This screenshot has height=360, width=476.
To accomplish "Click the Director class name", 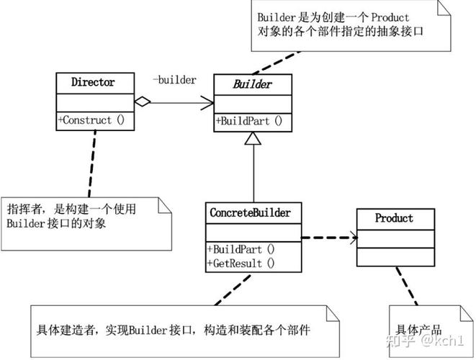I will coord(92,82).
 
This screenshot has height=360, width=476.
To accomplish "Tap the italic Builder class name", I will coord(252,84).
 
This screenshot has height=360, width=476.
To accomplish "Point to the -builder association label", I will coord(174,80).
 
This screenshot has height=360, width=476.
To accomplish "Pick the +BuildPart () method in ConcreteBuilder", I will coord(241,249).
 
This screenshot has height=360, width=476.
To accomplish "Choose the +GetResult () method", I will coord(241,263).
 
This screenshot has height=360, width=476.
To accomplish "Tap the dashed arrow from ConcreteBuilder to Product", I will coord(328,237).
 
